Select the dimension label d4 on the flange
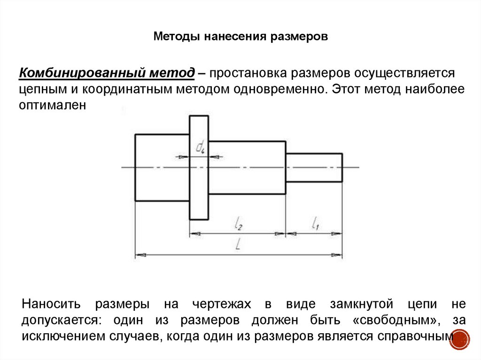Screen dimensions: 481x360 click(200, 148)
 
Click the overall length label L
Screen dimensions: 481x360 click(239, 245)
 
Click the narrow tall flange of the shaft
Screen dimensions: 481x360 click(199, 188)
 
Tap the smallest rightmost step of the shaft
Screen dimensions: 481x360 click(314, 168)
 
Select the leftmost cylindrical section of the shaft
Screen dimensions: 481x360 click(162, 168)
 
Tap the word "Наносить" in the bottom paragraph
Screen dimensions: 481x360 click(51, 305)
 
